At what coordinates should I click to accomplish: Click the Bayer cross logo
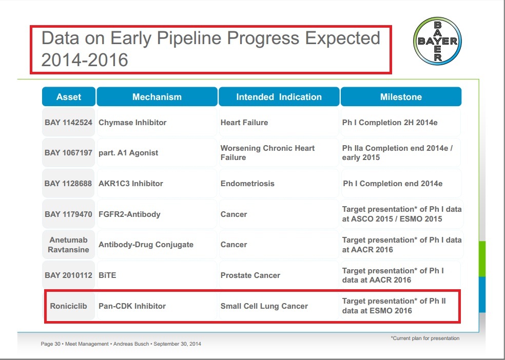point(437,41)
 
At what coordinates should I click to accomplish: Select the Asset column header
point(69,96)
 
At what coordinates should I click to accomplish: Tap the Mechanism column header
point(157,96)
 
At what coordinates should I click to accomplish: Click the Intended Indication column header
point(279,96)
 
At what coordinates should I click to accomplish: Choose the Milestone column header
point(401,96)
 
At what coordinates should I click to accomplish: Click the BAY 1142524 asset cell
point(69,122)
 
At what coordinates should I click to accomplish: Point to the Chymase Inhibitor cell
point(157,122)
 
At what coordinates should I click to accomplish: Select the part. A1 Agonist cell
point(157,152)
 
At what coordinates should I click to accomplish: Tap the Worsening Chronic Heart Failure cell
point(279,152)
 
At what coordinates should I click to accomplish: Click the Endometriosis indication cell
point(279,184)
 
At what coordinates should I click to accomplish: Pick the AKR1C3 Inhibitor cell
point(157,184)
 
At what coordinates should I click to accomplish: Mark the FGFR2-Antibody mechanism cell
point(157,214)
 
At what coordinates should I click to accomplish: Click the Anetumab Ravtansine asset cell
point(69,245)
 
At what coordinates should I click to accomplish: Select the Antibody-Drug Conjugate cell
point(157,245)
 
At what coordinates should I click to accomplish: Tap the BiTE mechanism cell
point(157,275)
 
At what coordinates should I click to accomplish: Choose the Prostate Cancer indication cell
point(279,275)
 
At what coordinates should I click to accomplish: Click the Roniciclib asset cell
point(69,306)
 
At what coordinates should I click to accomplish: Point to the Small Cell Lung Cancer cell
point(279,306)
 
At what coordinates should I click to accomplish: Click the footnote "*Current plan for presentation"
point(425,338)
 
